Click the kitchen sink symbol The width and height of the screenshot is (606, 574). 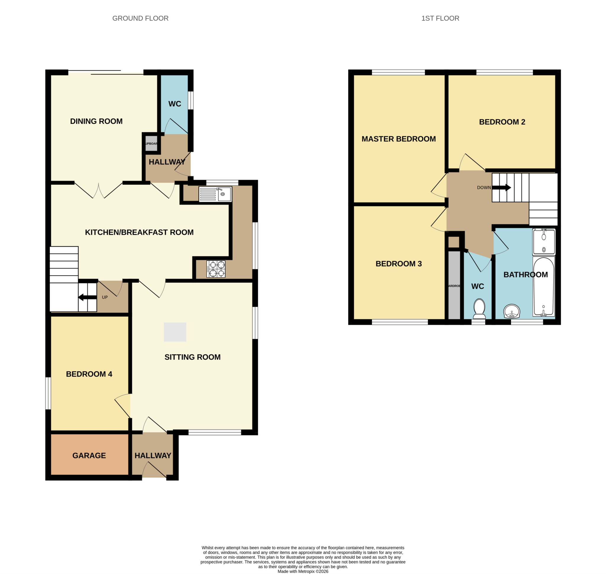(215, 194)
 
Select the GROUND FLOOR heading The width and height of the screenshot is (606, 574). (141, 18)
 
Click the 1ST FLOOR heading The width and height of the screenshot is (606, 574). (440, 18)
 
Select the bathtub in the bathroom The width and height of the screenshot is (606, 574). (543, 286)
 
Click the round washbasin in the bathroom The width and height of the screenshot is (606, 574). (512, 311)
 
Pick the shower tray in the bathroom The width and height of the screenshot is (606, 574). (544, 242)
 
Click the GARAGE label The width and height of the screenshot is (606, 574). (89, 456)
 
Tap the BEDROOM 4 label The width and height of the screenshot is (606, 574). (89, 374)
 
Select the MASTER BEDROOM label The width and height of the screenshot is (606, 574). (399, 139)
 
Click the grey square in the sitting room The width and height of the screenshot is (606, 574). (175, 332)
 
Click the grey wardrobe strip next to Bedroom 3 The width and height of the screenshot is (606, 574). (454, 285)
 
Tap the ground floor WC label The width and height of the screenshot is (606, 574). (175, 104)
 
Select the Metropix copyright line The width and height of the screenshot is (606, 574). (303, 571)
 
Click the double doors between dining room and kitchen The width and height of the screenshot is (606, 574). (99, 190)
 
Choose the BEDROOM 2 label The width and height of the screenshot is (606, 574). (502, 122)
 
